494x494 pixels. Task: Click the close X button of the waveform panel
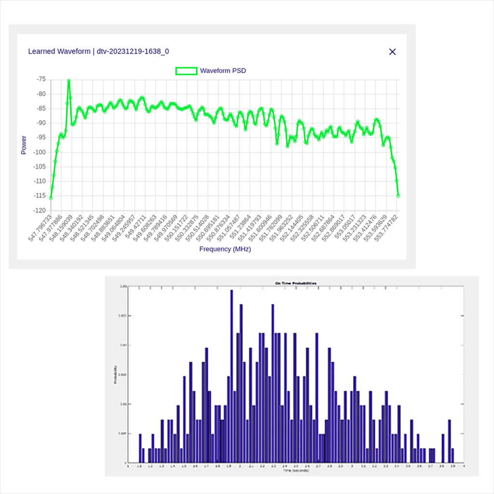392,52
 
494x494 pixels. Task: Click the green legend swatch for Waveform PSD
186,71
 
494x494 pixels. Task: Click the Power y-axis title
24,145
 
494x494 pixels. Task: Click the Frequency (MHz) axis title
225,249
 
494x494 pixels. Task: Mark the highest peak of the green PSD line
69,81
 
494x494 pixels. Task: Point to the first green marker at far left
51,198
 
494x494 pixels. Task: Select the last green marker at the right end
398,196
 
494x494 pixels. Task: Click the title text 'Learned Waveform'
58,51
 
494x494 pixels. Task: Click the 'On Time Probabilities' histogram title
295,283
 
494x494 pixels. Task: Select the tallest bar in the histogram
232,376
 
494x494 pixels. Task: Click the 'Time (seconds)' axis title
296,470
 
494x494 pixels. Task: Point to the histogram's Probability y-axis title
115,375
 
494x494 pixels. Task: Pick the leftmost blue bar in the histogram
140,448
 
